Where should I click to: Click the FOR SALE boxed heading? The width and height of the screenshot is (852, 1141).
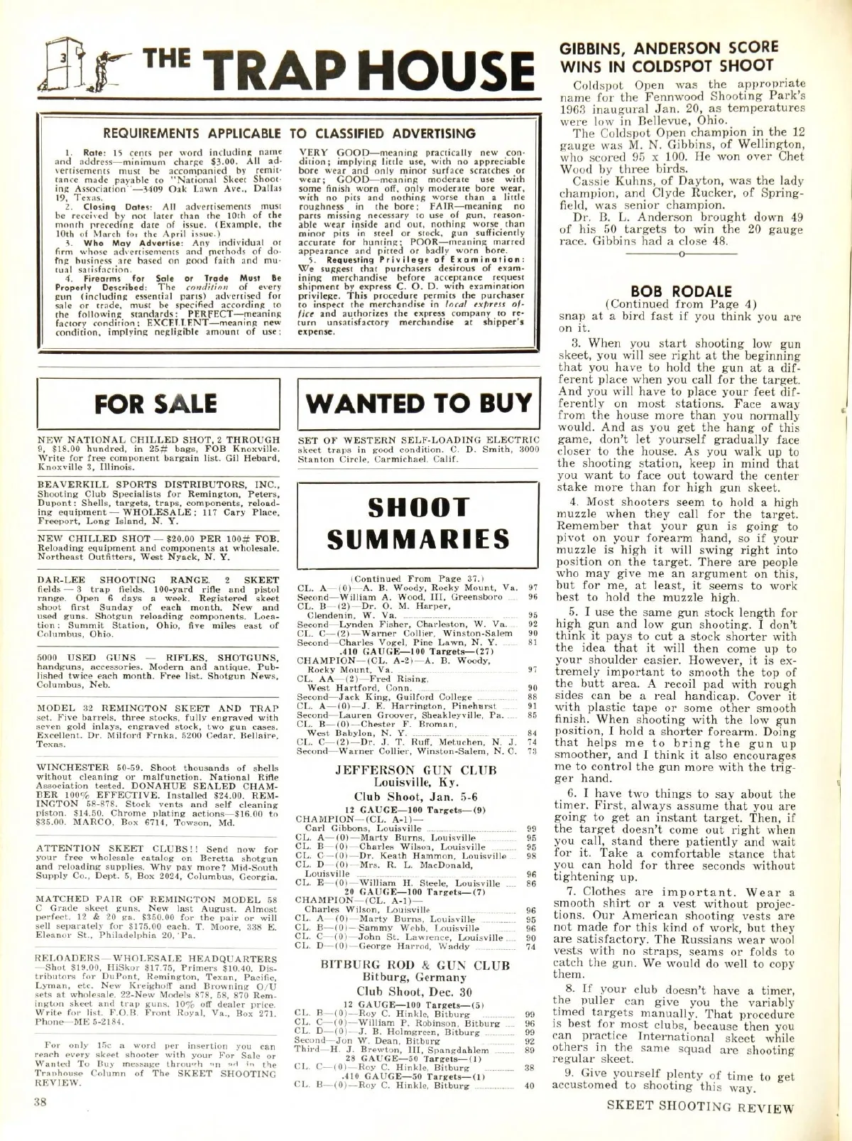pos(158,404)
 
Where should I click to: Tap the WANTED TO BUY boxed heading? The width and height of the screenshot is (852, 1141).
pos(419,403)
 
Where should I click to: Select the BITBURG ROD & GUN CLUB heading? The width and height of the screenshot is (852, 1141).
pos(415,965)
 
